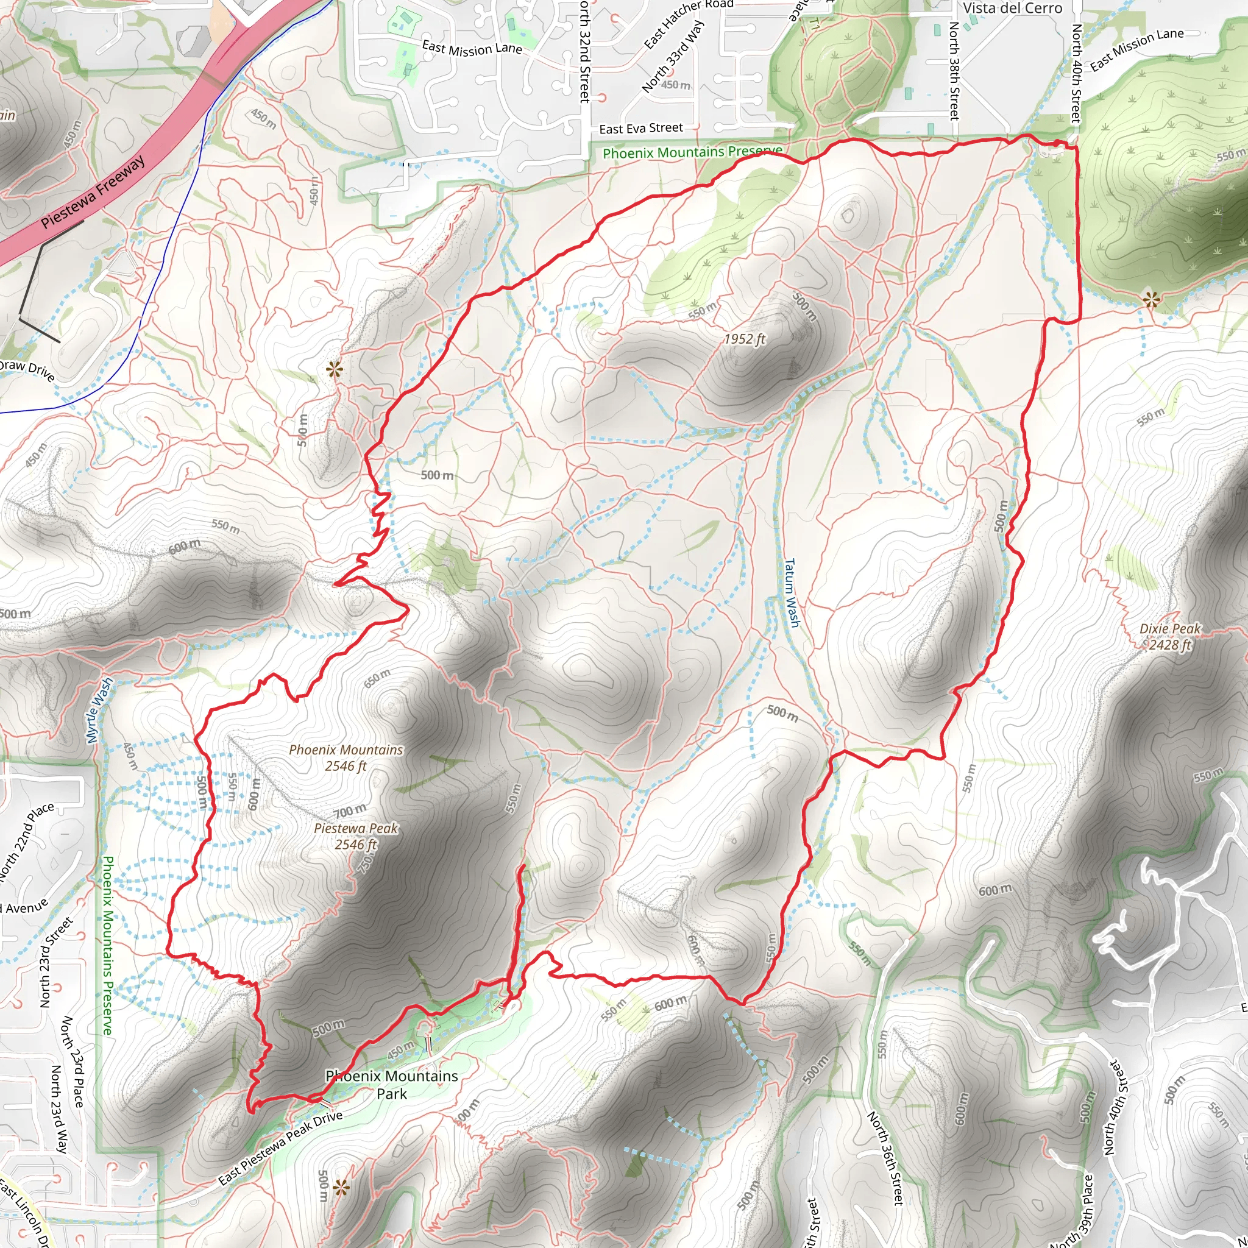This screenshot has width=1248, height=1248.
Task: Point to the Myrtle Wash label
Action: pyautogui.click(x=99, y=711)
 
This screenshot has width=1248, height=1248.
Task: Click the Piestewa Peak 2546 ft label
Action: pyautogui.click(x=356, y=836)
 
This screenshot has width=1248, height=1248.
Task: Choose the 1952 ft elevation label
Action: pyautogui.click(x=744, y=339)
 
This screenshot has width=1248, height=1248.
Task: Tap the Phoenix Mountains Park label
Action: pyautogui.click(x=392, y=1085)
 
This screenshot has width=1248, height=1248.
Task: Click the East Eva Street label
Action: pyautogui.click(x=641, y=129)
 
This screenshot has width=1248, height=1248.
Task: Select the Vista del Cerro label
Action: pyautogui.click(x=1012, y=9)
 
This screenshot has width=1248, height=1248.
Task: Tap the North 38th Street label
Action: pyautogui.click(x=954, y=71)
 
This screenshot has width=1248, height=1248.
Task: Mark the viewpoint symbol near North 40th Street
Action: pyautogui.click(x=1150, y=300)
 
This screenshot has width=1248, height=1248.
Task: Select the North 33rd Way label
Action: pyautogui.click(x=673, y=56)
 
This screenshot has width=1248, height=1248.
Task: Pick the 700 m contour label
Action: pyautogui.click(x=350, y=810)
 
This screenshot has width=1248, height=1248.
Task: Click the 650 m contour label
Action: pyautogui.click(x=377, y=678)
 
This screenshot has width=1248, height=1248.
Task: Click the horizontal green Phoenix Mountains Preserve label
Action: pyautogui.click(x=692, y=152)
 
